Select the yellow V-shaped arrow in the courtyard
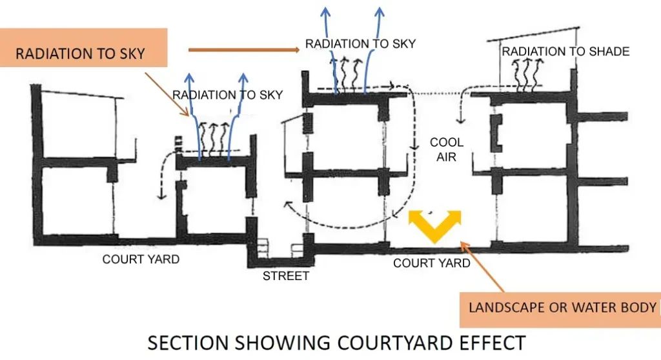(x=435, y=225)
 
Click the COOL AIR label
(x=447, y=149)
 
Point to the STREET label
(x=286, y=276)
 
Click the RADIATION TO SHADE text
(x=565, y=52)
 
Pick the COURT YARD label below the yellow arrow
(x=431, y=263)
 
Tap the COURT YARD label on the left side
(x=141, y=259)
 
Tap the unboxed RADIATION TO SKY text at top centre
(x=360, y=44)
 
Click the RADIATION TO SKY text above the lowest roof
(x=227, y=95)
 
